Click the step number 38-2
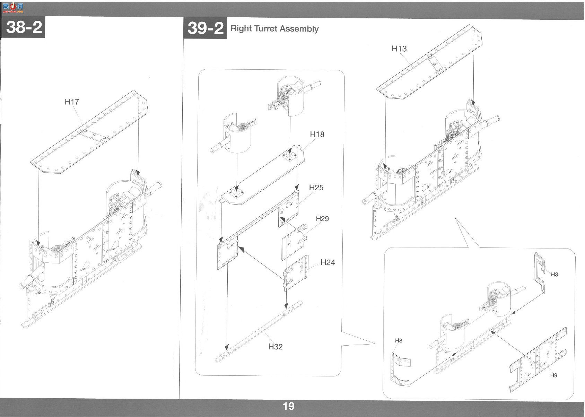[24, 27]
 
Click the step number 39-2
[206, 28]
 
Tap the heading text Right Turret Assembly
[274, 28]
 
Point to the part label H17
[72, 102]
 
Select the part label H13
[399, 49]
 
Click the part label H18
[317, 134]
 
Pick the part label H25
[316, 188]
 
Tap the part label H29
[322, 219]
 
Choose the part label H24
[328, 263]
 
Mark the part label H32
[276, 347]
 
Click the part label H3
[555, 274]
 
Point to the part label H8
[399, 340]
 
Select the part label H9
[554, 375]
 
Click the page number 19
[288, 406]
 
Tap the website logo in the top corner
[13, 8]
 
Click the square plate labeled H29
[294, 242]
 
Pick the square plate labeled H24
[296, 273]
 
